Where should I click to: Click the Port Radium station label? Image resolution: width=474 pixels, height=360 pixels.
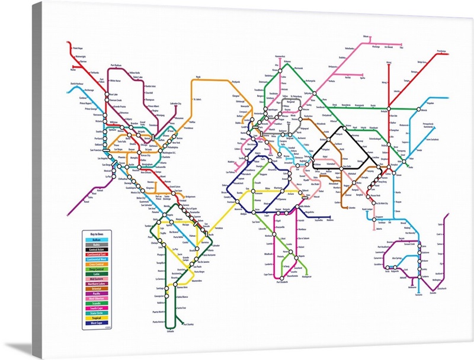point(118,65)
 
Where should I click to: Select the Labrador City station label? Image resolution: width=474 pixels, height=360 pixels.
point(175,104)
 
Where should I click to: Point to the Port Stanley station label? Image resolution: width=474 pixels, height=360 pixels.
point(188,324)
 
